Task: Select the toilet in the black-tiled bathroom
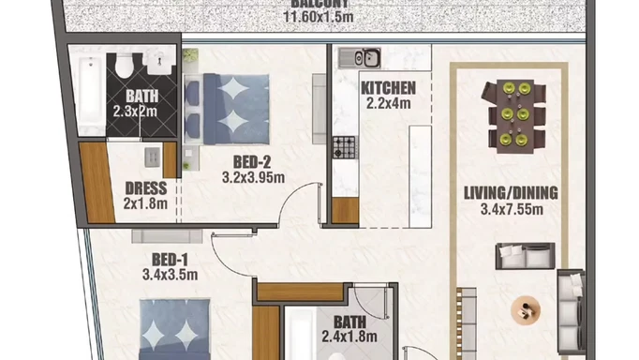pos(125,65)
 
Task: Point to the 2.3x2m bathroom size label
pos(136,110)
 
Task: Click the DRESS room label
pos(144,187)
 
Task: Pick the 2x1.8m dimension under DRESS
pos(144,202)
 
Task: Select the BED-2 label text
pos(252,161)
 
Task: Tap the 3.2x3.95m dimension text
pos(253,176)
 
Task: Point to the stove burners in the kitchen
pos(345,147)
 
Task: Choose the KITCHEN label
pos(388,89)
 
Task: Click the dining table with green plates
pos(513,114)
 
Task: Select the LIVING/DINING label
pos(512,194)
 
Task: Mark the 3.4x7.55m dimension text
pos(512,209)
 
